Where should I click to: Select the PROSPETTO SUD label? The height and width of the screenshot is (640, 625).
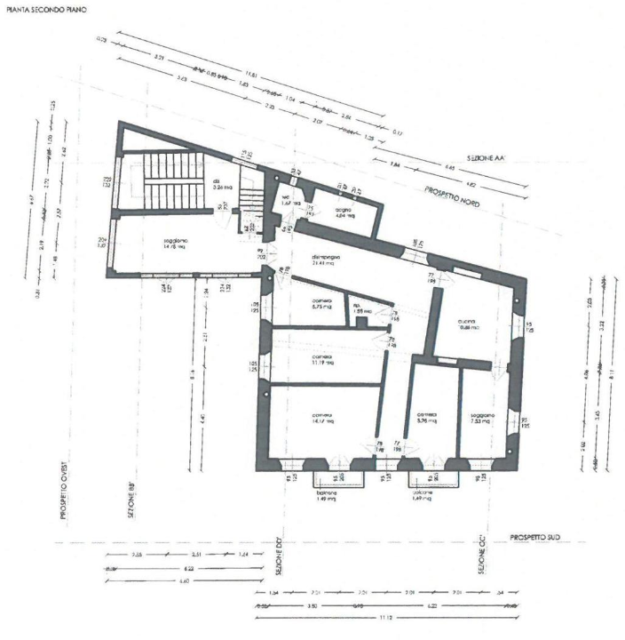click(x=538, y=538)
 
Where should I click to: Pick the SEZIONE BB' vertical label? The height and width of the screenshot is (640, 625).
click(x=129, y=503)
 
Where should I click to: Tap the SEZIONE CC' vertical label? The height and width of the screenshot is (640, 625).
click(x=482, y=558)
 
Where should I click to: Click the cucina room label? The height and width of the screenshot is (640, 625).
click(x=469, y=323)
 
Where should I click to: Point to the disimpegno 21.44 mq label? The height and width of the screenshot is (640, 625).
click(x=326, y=261)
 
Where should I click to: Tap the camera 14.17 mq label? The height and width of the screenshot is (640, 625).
click(x=321, y=420)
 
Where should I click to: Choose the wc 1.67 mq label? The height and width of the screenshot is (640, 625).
click(x=287, y=201)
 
